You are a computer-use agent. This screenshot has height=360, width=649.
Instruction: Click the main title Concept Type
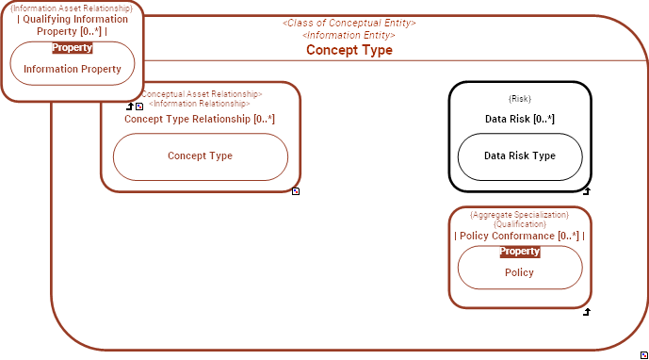(x=349, y=50)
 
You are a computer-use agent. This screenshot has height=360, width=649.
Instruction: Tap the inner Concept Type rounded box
(x=200, y=156)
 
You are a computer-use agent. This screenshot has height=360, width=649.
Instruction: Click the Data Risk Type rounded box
(x=519, y=156)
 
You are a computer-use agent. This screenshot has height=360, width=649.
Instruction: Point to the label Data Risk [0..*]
(x=519, y=119)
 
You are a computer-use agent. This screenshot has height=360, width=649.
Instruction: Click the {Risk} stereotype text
(x=519, y=98)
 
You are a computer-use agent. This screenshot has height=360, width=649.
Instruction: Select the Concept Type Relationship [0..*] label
(x=200, y=119)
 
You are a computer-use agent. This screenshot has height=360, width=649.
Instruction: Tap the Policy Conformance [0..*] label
(x=519, y=236)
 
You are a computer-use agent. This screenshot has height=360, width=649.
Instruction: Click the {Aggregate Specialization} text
(x=519, y=215)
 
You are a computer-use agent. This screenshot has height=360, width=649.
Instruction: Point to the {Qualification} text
(x=519, y=224)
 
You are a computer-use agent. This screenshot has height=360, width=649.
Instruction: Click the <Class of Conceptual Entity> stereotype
(x=349, y=23)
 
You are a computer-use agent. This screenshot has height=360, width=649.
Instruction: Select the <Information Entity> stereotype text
(x=349, y=35)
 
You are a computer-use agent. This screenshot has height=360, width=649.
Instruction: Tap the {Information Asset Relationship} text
(x=73, y=8)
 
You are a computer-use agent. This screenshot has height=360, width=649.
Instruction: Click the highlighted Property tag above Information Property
(x=73, y=47)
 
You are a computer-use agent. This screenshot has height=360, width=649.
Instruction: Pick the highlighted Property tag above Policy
(x=519, y=252)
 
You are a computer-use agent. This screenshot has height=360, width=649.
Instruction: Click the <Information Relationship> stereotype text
(x=200, y=104)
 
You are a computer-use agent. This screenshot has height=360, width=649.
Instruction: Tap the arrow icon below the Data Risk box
(x=586, y=191)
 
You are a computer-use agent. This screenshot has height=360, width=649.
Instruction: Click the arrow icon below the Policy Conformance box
(x=586, y=312)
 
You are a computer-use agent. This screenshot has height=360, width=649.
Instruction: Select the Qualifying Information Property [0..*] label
(x=73, y=25)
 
